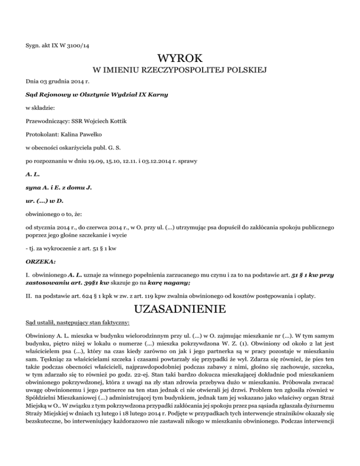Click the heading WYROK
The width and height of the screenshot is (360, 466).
click(180, 59)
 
